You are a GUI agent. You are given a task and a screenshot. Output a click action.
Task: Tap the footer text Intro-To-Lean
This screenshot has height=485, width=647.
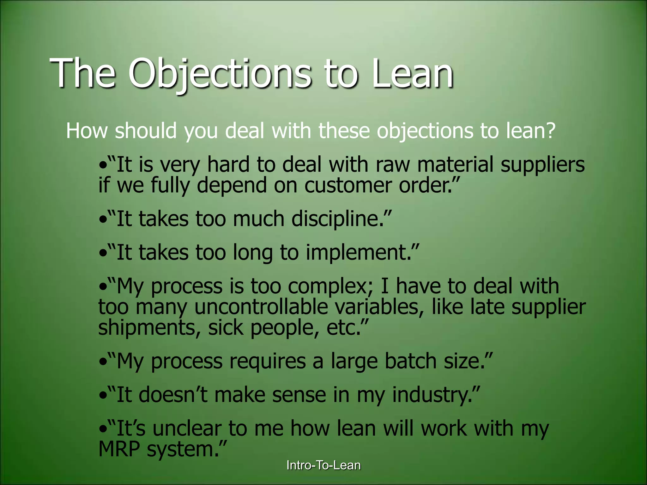(x=323, y=465)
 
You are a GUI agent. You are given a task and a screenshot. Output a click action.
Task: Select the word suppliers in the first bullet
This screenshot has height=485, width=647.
(x=542, y=165)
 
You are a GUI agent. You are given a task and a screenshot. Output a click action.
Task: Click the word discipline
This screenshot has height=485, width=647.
(x=337, y=219)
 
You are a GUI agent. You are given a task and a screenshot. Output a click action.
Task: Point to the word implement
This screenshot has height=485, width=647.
(x=359, y=253)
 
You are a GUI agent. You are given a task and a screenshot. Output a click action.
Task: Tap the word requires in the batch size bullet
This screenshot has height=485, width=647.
(x=267, y=362)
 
